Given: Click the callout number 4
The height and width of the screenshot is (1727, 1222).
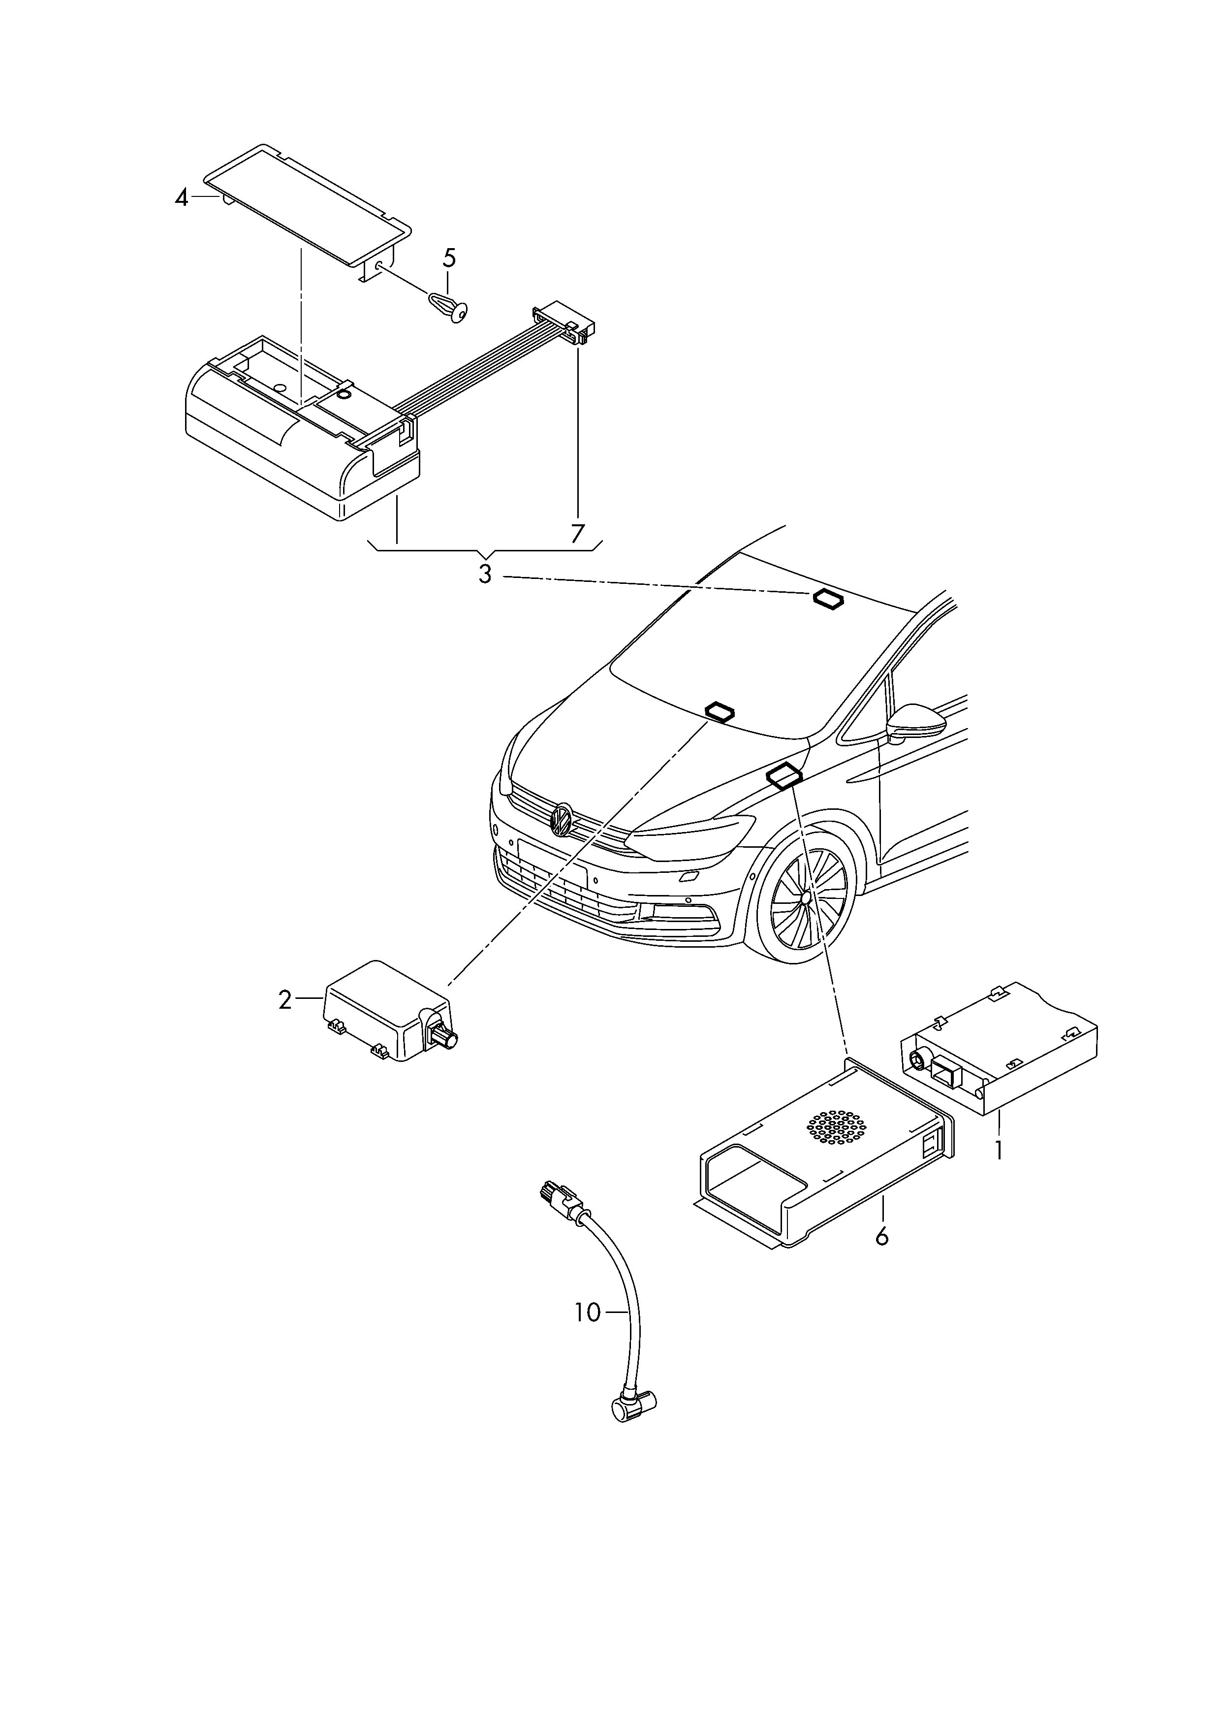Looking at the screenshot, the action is (181, 199).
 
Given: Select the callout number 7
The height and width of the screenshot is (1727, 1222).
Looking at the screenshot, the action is (577, 534).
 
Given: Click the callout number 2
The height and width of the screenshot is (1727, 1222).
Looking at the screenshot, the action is (284, 1000).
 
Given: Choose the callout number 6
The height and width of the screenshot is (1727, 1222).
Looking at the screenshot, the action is (882, 1236).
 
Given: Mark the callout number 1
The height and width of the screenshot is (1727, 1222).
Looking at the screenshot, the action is (999, 1172).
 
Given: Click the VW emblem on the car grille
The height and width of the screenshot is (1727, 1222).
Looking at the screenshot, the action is (562, 819).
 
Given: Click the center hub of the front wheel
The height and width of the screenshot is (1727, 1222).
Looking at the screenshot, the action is (805, 897).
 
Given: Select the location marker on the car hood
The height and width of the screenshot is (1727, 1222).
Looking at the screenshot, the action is (720, 711).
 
